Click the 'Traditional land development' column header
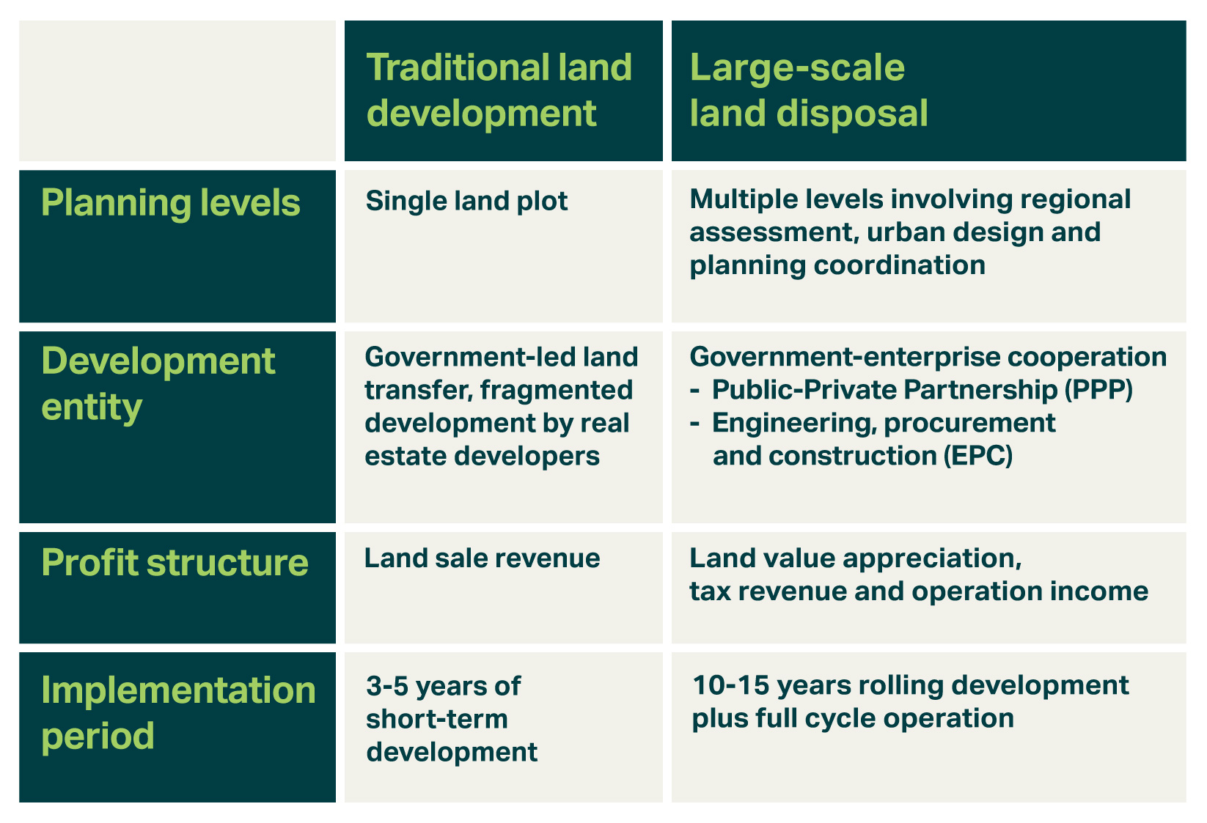[x=499, y=90]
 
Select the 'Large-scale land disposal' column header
[x=808, y=90]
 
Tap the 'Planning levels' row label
[x=171, y=203]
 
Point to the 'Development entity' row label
[x=158, y=383]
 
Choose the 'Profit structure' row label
[x=175, y=562]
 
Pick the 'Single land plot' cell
[x=466, y=202]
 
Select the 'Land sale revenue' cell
[x=483, y=558]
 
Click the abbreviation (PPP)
[x=1098, y=390]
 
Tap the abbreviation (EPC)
[x=978, y=456]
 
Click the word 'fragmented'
[x=557, y=390]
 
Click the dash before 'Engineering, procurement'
[x=695, y=424]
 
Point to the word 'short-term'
[x=437, y=719]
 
